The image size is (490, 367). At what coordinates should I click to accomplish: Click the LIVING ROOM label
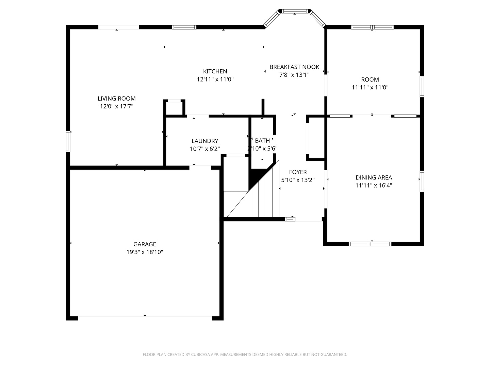[116, 99]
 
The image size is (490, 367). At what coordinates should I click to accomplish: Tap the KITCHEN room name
[215, 71]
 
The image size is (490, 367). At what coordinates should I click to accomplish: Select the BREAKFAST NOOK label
[294, 67]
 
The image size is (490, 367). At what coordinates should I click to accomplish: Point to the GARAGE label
[145, 244]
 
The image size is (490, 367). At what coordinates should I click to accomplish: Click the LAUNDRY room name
[205, 141]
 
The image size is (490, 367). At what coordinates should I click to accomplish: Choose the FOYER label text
[298, 172]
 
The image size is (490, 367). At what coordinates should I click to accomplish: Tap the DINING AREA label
[374, 178]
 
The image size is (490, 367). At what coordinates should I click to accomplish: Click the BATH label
[262, 141]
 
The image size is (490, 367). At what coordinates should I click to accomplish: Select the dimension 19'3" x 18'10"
[145, 252]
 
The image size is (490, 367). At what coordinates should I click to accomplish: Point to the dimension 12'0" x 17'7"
[116, 106]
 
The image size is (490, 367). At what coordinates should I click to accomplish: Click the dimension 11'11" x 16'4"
[374, 186]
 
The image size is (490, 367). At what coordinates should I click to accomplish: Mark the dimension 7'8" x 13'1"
[294, 75]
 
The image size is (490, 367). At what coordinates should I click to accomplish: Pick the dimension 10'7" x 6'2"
[205, 148]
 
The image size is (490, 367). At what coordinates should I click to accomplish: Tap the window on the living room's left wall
[68, 141]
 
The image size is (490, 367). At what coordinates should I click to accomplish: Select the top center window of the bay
[295, 11]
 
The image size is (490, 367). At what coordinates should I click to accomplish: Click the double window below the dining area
[370, 244]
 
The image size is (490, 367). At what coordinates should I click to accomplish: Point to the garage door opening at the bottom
[145, 316]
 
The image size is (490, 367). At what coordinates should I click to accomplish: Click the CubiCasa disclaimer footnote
[245, 354]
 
